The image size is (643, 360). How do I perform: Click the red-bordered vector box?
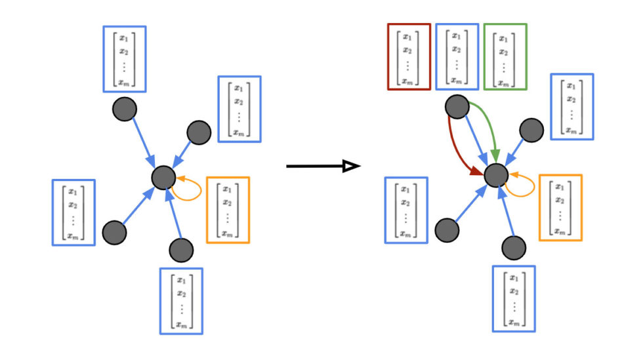409,56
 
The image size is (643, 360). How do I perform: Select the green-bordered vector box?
505,56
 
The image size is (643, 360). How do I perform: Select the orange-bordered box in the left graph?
227,209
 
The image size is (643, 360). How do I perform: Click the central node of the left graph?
163,177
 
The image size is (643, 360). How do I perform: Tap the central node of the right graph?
497,175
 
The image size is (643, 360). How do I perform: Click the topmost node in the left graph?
124,109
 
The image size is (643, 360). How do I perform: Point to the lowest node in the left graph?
181,250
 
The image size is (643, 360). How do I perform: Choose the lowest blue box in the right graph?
514,298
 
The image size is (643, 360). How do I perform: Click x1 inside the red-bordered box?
407,37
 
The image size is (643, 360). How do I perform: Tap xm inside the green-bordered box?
503,83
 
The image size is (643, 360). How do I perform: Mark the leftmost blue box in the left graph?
73,212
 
